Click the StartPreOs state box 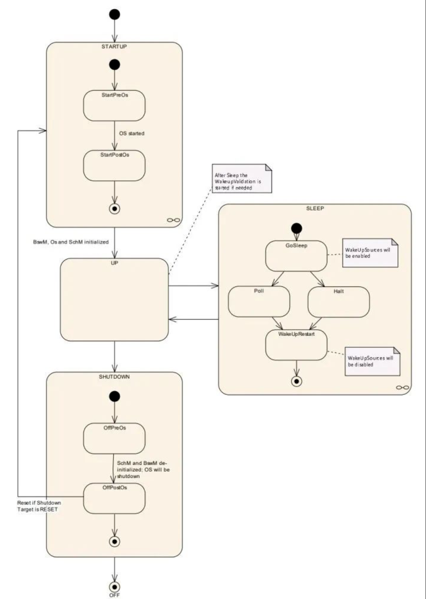click(x=114, y=106)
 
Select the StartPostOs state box click(x=114, y=165)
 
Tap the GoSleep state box click(x=296, y=256)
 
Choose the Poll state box click(x=259, y=301)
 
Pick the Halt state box click(x=339, y=302)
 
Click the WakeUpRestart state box click(x=296, y=345)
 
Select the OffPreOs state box click(x=114, y=438)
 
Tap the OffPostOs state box click(x=114, y=498)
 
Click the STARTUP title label click(x=114, y=47)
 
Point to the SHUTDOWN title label click(x=114, y=377)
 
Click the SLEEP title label click(x=315, y=209)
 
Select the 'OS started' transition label click(x=132, y=133)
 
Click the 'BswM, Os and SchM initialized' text click(x=71, y=242)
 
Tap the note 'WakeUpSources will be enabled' click(x=370, y=253)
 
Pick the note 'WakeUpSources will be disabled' click(x=372, y=361)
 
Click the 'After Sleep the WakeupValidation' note click(x=242, y=178)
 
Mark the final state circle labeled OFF click(x=114, y=587)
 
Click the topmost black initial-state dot click(x=114, y=14)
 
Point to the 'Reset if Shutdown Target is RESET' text click(x=39, y=506)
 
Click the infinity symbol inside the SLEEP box click(x=403, y=387)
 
